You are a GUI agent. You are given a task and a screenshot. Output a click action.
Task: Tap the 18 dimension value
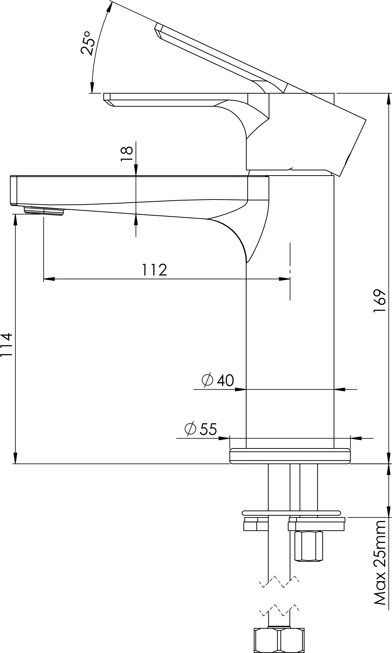point(127,154)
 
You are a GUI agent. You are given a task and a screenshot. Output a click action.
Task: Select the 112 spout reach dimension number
point(155,269)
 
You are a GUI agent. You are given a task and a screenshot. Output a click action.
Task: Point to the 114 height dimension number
point(6,345)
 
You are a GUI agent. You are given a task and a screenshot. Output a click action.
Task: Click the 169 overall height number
point(380,301)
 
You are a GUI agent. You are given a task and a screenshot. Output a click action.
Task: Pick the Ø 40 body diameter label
point(218,380)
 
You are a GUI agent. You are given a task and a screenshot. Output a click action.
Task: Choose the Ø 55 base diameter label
point(201,429)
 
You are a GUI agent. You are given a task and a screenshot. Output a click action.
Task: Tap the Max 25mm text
point(380,562)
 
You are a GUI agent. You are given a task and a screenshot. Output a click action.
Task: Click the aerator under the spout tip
point(44,211)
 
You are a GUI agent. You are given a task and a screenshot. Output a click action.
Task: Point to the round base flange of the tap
point(290,456)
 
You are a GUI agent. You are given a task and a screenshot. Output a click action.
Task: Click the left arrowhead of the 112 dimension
point(49,279)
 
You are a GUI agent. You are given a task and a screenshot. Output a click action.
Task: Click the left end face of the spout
point(14,190)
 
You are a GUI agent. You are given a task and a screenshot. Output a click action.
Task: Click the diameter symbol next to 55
point(191,429)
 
